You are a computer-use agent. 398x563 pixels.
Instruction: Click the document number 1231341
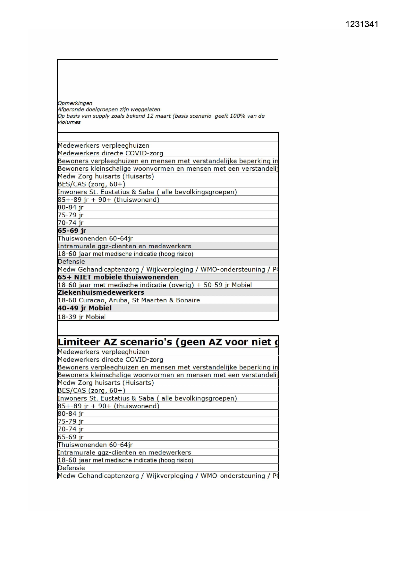[362, 24]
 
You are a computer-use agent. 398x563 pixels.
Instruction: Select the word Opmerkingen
[75, 103]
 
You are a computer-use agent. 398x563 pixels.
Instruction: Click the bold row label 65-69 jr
[72, 231]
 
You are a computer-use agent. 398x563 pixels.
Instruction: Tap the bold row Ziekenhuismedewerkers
[101, 293]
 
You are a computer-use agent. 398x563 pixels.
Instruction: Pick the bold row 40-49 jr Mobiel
[85, 308]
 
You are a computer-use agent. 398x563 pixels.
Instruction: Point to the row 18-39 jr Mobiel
[81, 317]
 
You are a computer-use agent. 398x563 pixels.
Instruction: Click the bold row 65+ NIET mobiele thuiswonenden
[118, 277]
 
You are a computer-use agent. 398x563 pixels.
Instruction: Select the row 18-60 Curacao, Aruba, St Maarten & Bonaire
[129, 300]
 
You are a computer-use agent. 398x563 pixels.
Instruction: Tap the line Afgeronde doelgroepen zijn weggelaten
[109, 109]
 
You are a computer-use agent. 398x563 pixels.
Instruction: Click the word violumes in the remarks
[69, 122]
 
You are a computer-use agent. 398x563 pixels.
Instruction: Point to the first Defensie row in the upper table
[71, 262]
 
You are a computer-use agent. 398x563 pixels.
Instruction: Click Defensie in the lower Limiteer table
[71, 468]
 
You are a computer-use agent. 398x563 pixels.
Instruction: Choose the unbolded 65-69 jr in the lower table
[71, 437]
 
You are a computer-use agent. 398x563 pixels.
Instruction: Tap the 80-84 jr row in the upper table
[71, 207]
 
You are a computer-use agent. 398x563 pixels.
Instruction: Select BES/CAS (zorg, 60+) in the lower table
[91, 391]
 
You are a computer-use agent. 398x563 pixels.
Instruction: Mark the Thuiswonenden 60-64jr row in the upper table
[95, 238]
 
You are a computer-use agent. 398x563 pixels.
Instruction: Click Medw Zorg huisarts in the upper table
[106, 177]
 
